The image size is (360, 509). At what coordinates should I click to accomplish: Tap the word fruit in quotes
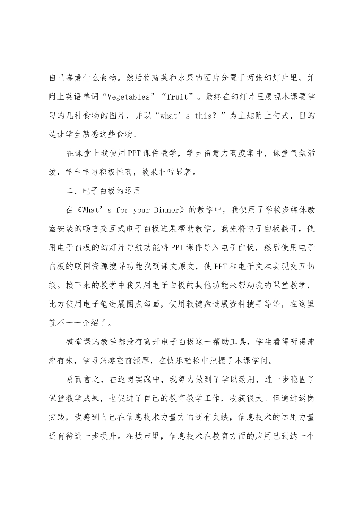(178, 97)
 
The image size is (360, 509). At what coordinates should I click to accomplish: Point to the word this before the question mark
(206, 116)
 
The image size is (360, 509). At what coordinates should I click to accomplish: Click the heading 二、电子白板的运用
(103, 191)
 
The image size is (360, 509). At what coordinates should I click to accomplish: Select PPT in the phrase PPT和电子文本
(221, 266)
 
